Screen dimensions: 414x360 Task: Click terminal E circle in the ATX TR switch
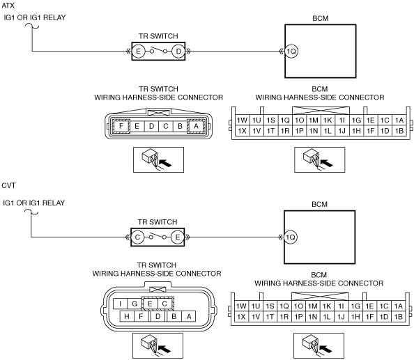[138, 51]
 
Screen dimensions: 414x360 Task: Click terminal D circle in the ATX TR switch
[178, 51]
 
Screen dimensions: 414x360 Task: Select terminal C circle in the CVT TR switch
[137, 237]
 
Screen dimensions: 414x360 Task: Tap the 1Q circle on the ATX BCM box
[291, 51]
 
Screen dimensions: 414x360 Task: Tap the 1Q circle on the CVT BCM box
[291, 237]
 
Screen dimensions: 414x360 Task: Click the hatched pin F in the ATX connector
[121, 126]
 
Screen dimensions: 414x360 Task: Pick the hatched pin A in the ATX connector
[196, 126]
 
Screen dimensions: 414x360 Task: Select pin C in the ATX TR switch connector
[166, 126]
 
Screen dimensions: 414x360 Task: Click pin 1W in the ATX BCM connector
[242, 120]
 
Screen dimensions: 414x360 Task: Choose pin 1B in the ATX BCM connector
[399, 131]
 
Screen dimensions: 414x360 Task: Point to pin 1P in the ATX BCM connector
[299, 131]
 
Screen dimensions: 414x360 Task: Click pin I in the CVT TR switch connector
[121, 304]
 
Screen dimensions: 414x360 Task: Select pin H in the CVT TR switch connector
[127, 316]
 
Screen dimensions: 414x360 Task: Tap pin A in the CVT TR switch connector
[189, 316]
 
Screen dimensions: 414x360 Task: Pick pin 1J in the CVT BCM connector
[341, 317]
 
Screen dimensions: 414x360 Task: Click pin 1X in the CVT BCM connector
[241, 317]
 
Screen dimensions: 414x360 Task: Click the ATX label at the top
[8, 6]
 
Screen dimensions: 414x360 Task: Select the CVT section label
[8, 185]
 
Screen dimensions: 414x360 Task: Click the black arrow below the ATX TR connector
[166, 163]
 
